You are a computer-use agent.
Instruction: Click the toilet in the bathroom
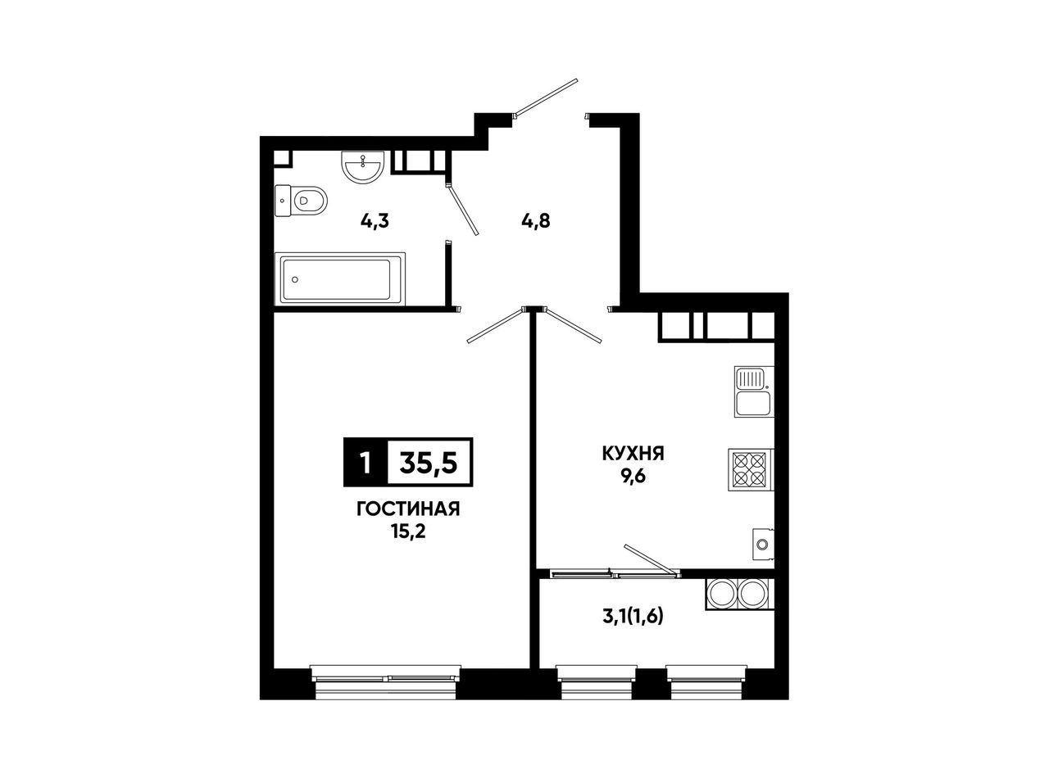point(301,201)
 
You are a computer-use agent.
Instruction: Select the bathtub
point(340,279)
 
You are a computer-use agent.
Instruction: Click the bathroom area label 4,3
point(375,221)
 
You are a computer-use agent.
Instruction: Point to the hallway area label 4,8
point(536,221)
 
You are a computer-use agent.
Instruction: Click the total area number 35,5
point(429,462)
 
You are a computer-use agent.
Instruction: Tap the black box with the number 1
point(366,462)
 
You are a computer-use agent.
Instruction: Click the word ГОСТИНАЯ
point(408,510)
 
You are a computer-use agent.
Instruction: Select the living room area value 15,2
point(408,531)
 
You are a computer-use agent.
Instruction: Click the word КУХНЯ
point(633,454)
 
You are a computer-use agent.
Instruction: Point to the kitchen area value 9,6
point(633,476)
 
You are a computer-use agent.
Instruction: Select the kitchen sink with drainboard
point(754,391)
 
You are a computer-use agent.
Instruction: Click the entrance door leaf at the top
point(547,97)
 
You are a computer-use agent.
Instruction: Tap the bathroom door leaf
point(463,209)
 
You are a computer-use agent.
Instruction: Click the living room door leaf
point(496,326)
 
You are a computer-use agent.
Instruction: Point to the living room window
point(385,682)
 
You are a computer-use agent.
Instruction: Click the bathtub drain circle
point(295,279)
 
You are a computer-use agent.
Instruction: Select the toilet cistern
point(283,201)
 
